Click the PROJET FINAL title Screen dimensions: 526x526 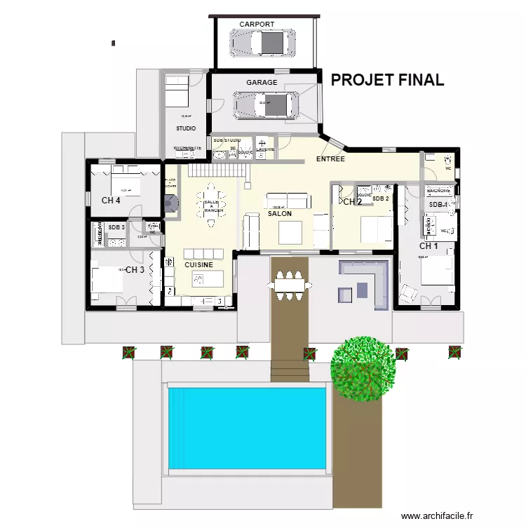pyautogui.click(x=387, y=80)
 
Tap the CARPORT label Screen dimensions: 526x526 pyautogui.click(x=257, y=25)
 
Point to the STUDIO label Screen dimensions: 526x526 pyautogui.click(x=186, y=128)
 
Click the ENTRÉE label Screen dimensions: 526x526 pyautogui.click(x=330, y=159)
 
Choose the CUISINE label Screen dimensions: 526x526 pyautogui.click(x=199, y=265)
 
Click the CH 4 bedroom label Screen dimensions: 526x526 pyautogui.click(x=111, y=201)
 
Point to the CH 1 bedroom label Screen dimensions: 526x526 pyautogui.click(x=429, y=246)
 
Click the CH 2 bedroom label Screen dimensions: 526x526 pyautogui.click(x=352, y=202)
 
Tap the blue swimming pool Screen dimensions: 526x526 pyautogui.click(x=247, y=429)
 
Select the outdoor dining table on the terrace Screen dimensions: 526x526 pyautogui.click(x=288, y=285)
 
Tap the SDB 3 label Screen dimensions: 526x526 pyautogui.click(x=116, y=227)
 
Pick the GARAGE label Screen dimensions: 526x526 pyautogui.click(x=262, y=83)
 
